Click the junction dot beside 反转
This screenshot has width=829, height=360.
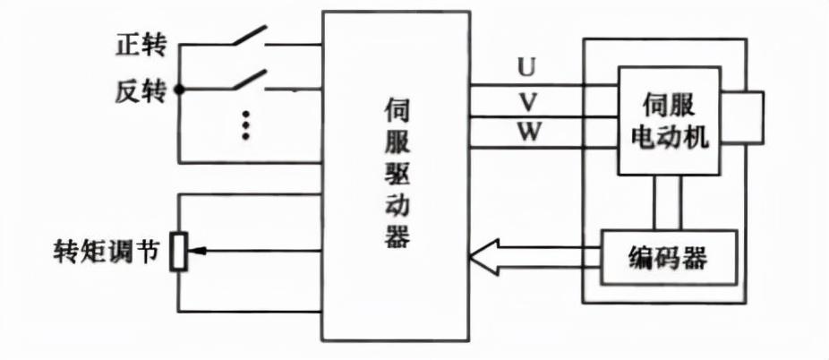(178, 90)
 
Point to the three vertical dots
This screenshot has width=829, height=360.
(245, 124)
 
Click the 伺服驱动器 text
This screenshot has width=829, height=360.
(395, 175)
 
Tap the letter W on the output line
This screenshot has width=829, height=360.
(528, 133)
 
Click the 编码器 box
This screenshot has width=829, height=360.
(668, 259)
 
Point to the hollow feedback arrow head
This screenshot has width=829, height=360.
(483, 260)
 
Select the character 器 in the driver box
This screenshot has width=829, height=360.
(395, 236)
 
